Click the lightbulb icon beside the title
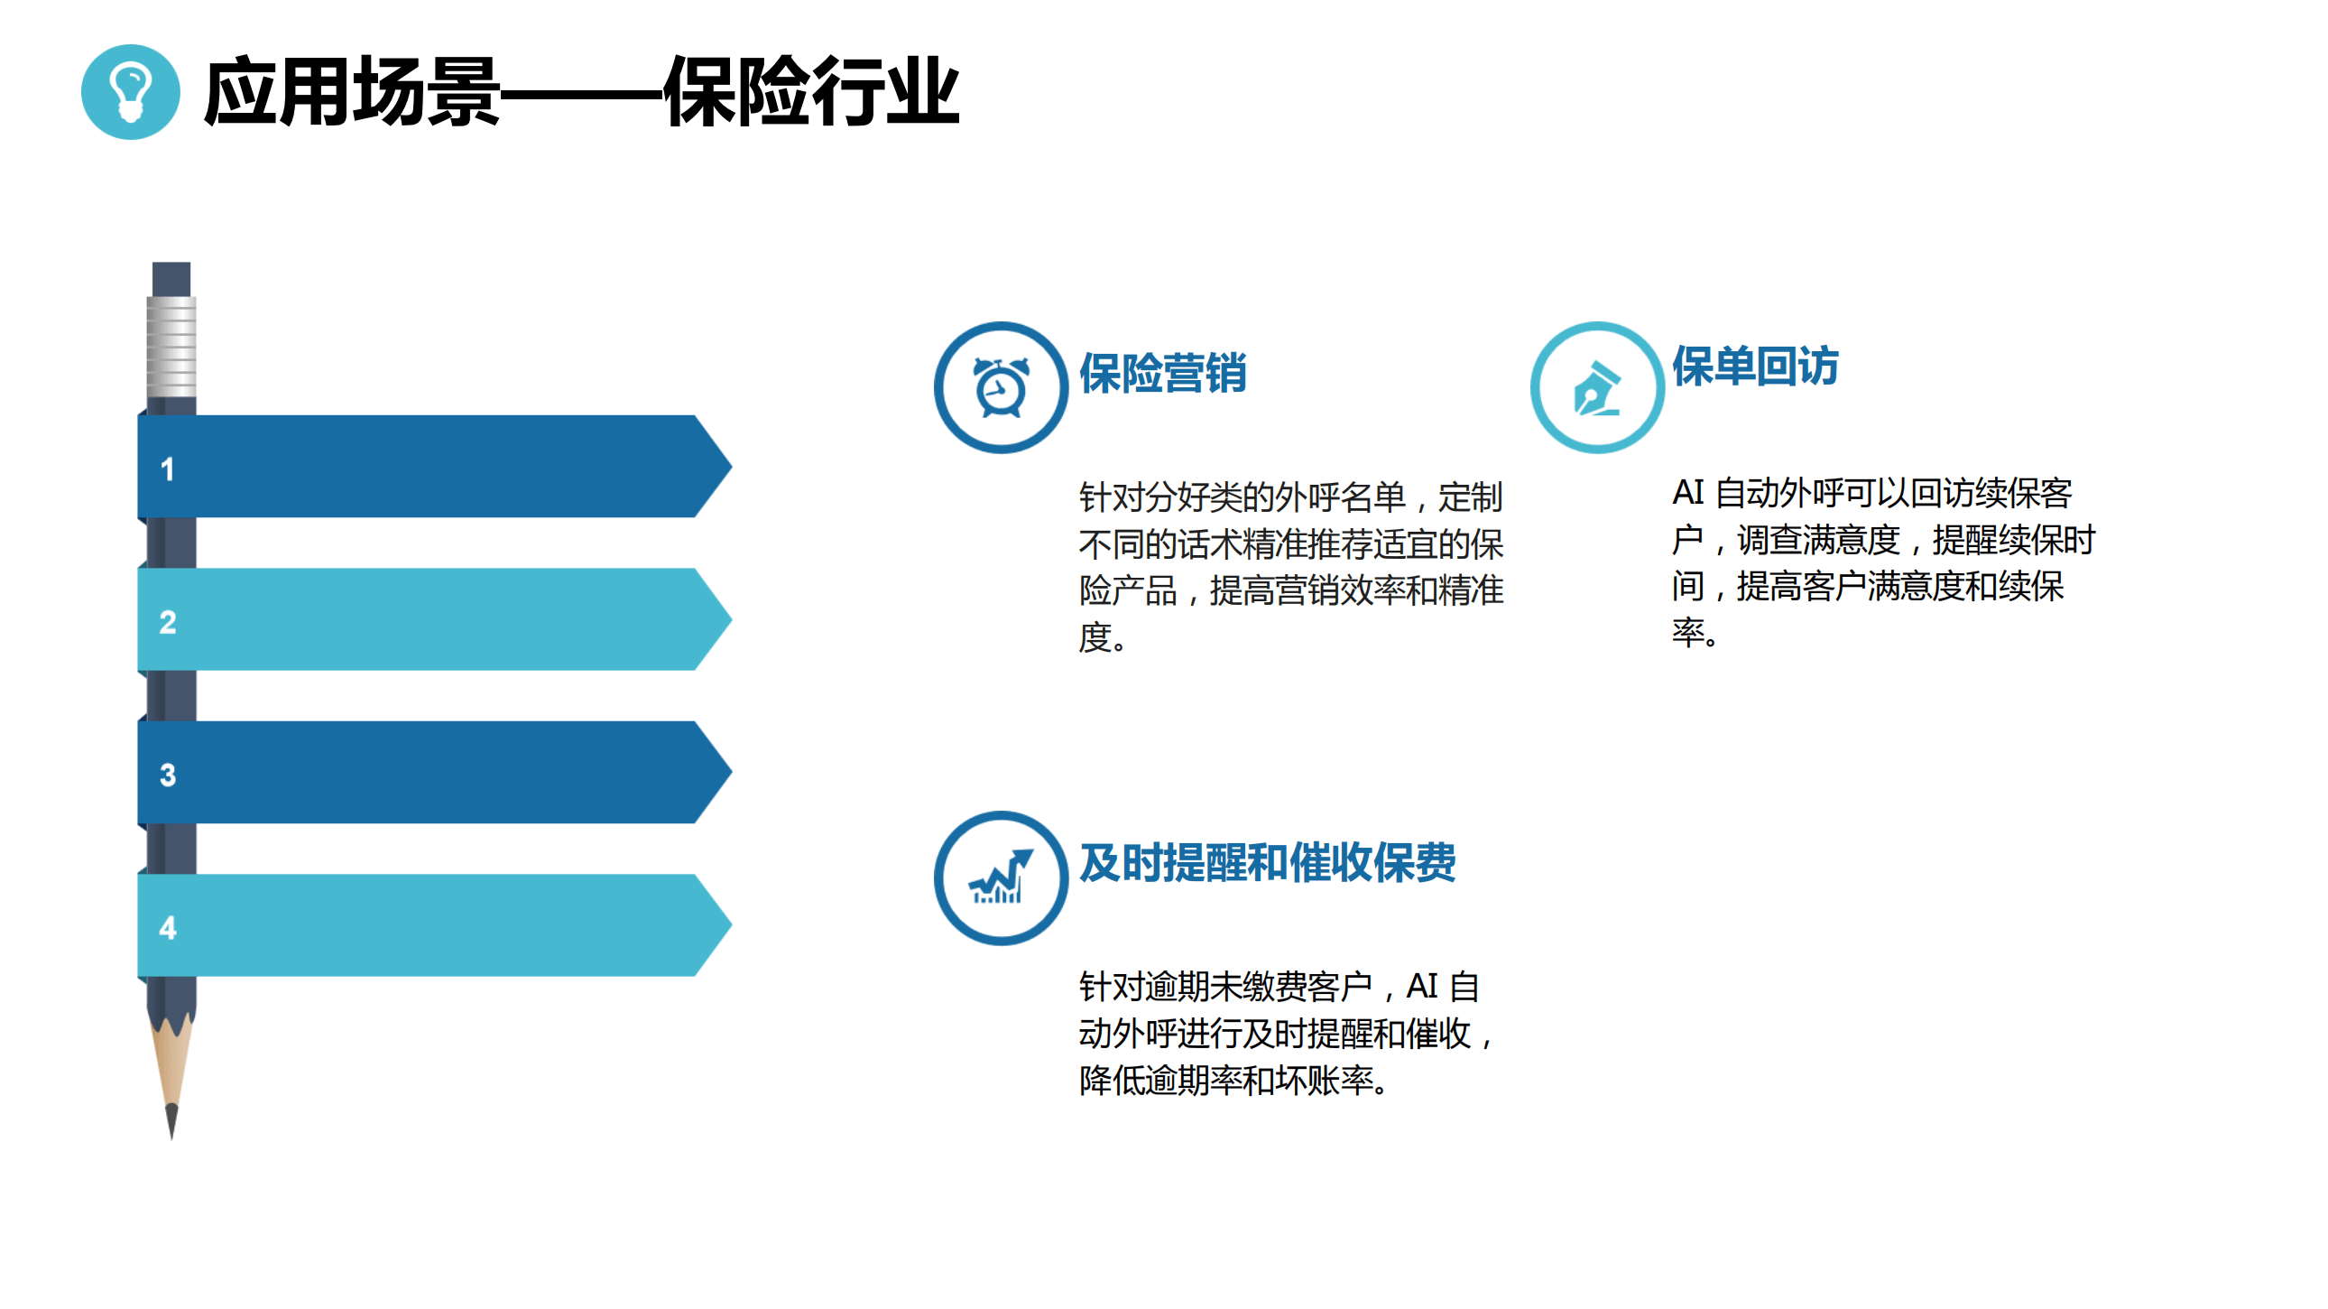pos(130,92)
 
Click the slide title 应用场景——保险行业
pos(581,91)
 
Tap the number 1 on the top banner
pos(167,469)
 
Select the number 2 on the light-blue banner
pos(167,622)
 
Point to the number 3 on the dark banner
pos(167,775)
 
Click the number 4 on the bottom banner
pos(167,927)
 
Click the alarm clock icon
pos(1002,388)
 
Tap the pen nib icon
pos(1597,389)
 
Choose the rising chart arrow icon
pos(1002,876)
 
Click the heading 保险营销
pos(1163,373)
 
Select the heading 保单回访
pos(1755,367)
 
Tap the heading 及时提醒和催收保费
pos(1267,861)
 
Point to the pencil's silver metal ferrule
pos(171,347)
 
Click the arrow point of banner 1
pos(730,467)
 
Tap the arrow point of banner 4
pos(730,924)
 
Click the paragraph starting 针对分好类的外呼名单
pos(1291,567)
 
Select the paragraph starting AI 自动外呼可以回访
pos(1883,562)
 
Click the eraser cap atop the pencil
pos(171,279)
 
